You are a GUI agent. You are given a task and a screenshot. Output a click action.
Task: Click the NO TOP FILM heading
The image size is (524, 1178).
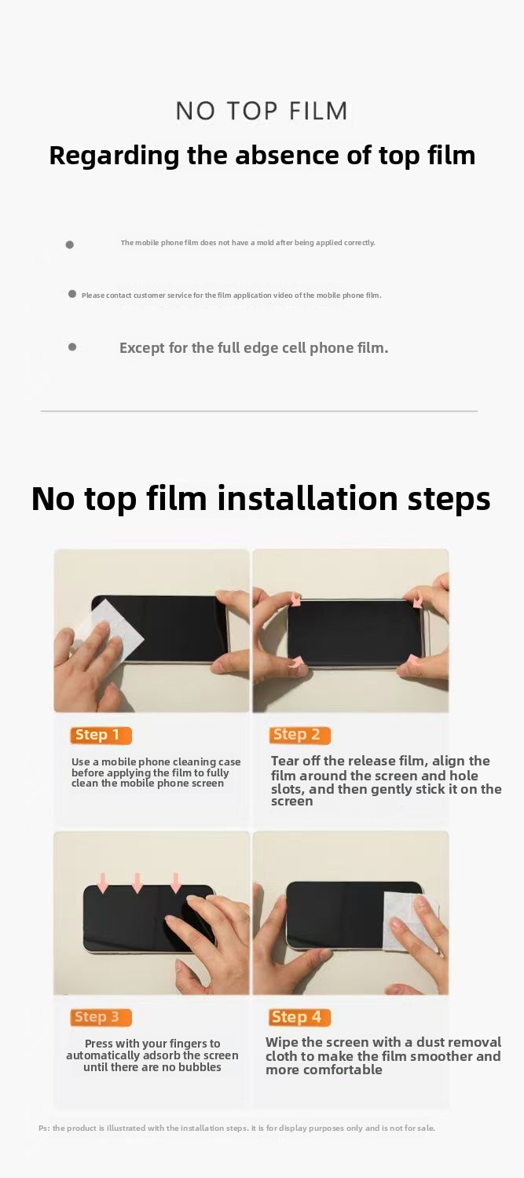262,111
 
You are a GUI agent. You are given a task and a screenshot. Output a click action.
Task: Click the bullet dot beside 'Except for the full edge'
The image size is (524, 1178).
72,347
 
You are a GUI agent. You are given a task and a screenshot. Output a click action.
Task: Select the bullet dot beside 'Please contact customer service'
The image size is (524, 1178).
72,294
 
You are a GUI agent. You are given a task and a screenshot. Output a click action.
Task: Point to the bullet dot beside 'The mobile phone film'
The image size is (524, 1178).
69,244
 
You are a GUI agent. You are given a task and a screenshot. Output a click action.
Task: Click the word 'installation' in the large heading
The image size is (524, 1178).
307,498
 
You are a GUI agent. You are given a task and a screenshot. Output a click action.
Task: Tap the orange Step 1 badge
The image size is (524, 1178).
101,736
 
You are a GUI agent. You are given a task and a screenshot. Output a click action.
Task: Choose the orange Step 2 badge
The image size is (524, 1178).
300,736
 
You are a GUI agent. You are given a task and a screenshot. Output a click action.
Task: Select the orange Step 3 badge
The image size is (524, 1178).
101,1017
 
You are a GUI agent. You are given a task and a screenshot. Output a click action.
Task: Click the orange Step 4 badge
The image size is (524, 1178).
300,1017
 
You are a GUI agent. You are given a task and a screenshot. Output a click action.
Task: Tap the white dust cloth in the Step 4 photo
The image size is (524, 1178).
407,921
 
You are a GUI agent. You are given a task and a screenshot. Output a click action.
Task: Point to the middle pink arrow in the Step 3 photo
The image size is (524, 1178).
137,883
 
